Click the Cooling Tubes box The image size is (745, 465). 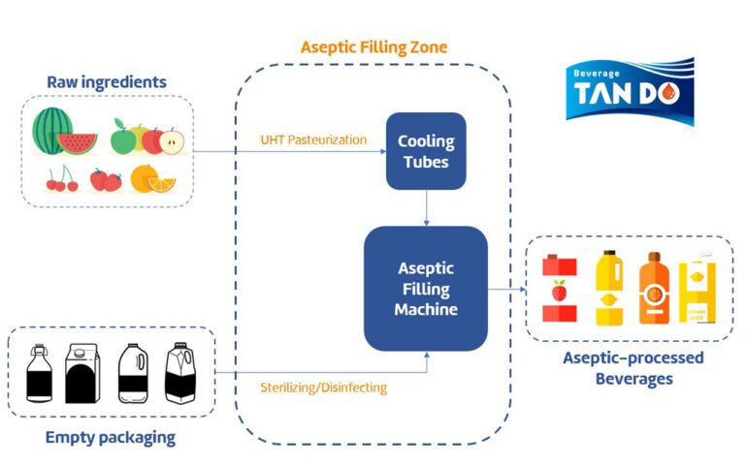click(x=426, y=150)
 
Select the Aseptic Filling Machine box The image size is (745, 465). click(x=425, y=288)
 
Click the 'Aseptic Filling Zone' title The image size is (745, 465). click(x=373, y=46)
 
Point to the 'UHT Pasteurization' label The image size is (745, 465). click(x=313, y=139)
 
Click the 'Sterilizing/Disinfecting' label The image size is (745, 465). click(x=323, y=387)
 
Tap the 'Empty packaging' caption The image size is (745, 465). click(x=111, y=437)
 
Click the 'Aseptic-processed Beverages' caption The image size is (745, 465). click(x=633, y=368)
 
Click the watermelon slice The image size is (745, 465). click(x=78, y=143)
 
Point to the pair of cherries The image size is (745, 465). click(x=61, y=178)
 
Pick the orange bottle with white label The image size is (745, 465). click(x=652, y=288)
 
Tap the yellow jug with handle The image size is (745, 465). click(x=608, y=288)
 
